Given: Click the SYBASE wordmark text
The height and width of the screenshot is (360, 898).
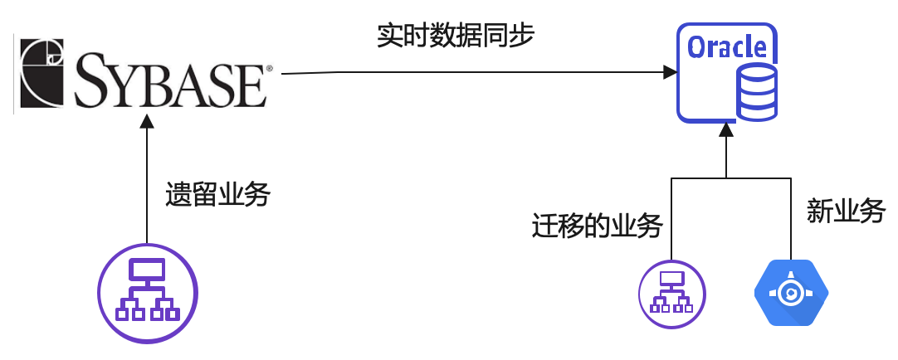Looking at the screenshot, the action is click(170, 80).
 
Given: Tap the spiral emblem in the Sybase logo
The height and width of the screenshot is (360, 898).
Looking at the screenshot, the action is click(43, 72).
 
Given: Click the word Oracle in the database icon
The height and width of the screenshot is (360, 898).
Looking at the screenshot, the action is click(727, 46).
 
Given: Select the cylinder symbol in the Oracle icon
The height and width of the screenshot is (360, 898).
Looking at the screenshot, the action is click(756, 92).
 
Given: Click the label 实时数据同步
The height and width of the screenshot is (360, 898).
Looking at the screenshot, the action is click(456, 36).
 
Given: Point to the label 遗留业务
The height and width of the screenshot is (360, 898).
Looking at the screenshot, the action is click(217, 196).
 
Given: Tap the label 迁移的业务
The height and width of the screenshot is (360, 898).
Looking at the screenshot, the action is click(597, 226).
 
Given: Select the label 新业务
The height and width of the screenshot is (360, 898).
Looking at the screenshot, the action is click(846, 211).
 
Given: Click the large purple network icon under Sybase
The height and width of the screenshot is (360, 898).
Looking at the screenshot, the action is click(148, 292).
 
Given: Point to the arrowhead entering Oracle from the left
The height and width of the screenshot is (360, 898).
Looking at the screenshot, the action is click(670, 73).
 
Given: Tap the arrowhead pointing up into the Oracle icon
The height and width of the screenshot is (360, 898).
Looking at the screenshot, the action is click(726, 129).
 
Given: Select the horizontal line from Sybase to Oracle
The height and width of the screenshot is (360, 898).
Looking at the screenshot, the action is click(473, 72).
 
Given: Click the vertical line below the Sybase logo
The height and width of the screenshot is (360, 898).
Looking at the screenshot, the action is click(147, 182).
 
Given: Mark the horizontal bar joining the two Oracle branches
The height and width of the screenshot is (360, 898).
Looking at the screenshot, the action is click(726, 178).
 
